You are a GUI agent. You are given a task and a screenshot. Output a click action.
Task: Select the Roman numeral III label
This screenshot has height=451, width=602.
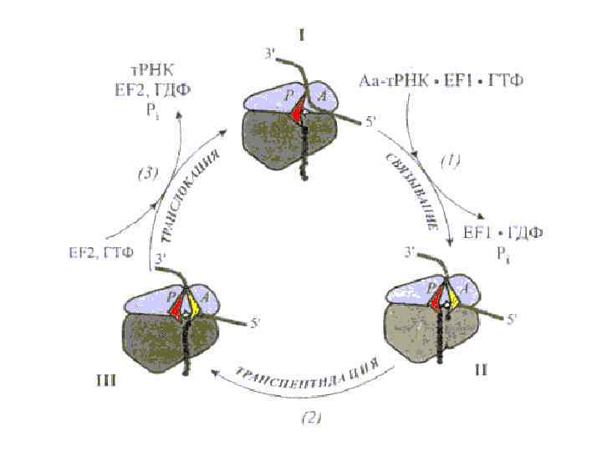pos(107,381)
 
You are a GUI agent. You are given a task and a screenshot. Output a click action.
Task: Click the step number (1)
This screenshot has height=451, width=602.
pos(449,163)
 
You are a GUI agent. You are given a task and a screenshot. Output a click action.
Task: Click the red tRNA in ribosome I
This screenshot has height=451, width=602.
pos(299,113)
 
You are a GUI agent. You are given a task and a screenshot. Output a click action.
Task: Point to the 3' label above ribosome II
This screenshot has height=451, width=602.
pos(409,251)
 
